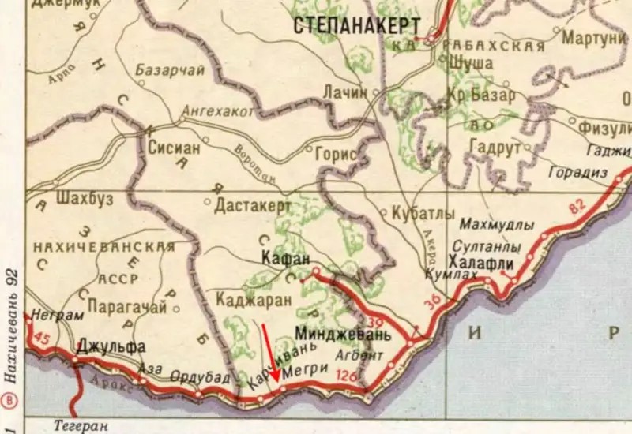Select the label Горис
click(336, 155)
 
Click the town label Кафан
click(284, 258)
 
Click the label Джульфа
click(111, 346)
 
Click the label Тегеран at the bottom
click(81, 425)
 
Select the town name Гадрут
click(495, 148)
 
